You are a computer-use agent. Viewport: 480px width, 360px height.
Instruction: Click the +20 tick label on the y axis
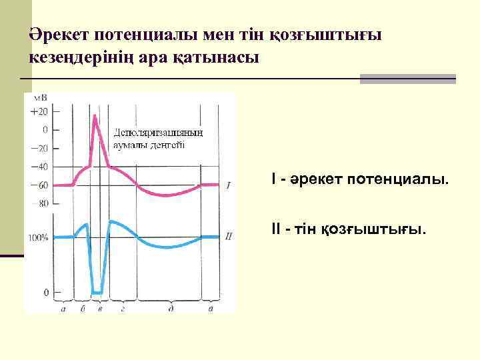[39, 111]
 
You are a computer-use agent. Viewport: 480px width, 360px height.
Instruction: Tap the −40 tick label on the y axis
[39, 167]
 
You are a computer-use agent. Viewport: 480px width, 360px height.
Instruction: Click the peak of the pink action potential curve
[95, 115]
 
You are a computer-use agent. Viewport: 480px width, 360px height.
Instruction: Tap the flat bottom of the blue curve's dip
[98, 292]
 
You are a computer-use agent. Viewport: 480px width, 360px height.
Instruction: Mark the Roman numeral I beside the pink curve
[228, 186]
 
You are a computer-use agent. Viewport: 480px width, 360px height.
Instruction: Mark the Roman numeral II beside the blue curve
[228, 236]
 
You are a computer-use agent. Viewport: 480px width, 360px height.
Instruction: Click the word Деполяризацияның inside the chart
[159, 133]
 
